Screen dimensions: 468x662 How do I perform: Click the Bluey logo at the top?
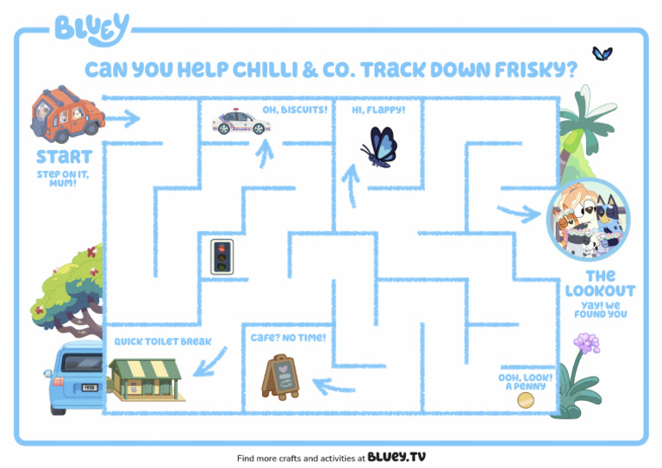(x=92, y=29)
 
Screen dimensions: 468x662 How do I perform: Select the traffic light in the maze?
(x=223, y=256)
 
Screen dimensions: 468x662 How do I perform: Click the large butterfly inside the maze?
(x=380, y=145)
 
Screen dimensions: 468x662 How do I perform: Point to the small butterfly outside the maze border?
(x=603, y=53)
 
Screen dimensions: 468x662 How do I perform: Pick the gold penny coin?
(x=525, y=400)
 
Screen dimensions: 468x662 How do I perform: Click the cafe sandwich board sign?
(x=279, y=377)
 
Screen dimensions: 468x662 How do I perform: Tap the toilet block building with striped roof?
(x=144, y=378)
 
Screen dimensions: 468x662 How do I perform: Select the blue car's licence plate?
(x=90, y=389)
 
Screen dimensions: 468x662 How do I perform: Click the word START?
(x=64, y=158)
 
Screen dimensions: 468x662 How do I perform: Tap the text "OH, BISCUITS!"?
(x=295, y=110)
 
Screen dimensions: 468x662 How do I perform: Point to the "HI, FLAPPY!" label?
(x=378, y=110)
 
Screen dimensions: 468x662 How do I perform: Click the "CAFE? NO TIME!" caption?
(x=288, y=337)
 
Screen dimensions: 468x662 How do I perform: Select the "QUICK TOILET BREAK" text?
(x=163, y=341)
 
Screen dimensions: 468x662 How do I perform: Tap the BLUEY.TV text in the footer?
(x=397, y=457)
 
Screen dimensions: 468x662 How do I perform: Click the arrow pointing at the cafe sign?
(x=334, y=384)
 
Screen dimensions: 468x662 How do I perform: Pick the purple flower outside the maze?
(x=587, y=344)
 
